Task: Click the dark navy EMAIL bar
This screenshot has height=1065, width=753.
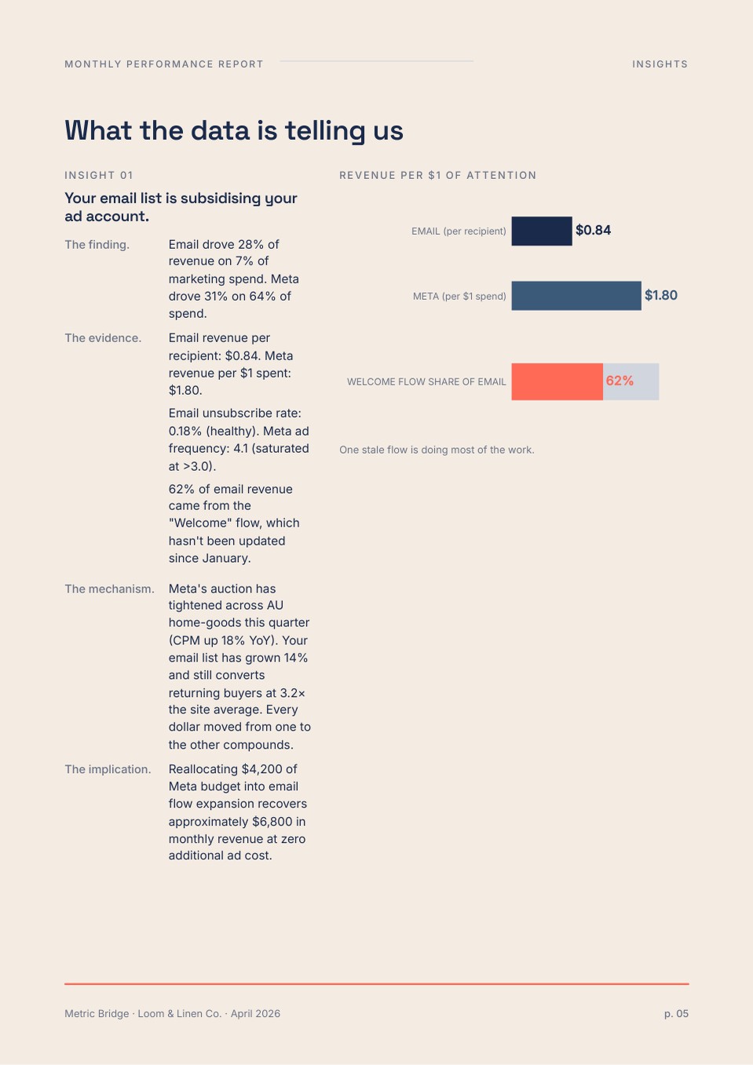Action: click(x=542, y=231)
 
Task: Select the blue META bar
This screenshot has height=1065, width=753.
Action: click(x=576, y=296)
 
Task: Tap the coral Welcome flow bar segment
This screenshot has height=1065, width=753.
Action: click(x=557, y=381)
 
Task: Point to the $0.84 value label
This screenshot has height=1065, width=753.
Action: click(x=593, y=230)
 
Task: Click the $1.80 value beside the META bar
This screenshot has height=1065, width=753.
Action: click(x=661, y=295)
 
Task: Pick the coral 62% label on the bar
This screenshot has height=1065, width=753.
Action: click(x=620, y=381)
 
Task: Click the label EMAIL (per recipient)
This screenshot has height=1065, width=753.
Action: click(x=459, y=232)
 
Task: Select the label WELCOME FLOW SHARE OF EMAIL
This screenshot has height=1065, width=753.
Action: click(x=426, y=381)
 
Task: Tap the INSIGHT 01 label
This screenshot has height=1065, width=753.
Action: click(x=99, y=176)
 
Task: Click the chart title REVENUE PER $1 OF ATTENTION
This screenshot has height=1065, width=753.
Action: click(x=437, y=176)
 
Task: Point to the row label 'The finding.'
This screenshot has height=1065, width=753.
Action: click(x=97, y=245)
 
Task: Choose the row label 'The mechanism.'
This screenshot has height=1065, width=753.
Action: click(x=109, y=589)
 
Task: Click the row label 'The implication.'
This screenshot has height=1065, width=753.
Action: click(x=108, y=769)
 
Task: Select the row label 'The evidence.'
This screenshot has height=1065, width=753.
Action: click(x=103, y=338)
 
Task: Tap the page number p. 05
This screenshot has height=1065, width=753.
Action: click(x=676, y=1014)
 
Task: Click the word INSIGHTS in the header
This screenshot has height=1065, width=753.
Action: click(x=660, y=64)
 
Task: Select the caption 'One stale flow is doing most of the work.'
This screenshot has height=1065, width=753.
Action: click(x=437, y=450)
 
